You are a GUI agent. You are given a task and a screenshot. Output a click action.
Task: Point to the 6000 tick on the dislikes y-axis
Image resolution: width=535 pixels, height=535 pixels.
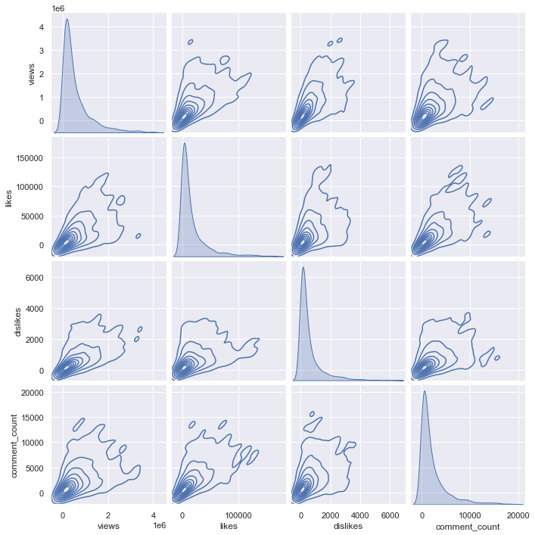35,278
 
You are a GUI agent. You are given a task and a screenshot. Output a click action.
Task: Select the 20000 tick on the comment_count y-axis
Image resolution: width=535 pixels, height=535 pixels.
32,393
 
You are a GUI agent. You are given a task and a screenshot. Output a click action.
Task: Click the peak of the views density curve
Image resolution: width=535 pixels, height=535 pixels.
67,20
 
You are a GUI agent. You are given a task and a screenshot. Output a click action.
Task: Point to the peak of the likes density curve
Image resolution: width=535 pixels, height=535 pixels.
184,143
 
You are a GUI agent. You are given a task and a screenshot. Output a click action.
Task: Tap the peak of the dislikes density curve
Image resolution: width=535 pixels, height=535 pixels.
303,267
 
